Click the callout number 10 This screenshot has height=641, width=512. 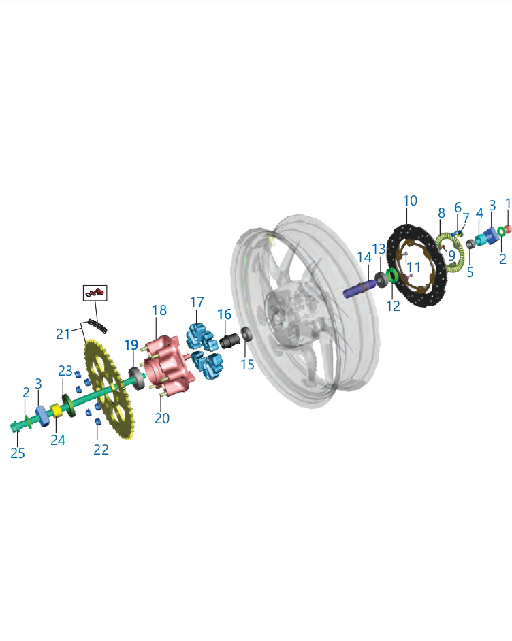tap(410, 201)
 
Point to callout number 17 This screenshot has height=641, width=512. tap(197, 302)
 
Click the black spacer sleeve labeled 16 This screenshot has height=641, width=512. tap(230, 340)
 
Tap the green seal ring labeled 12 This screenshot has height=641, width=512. tap(392, 276)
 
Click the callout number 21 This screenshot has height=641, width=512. tap(63, 334)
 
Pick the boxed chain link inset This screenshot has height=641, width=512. tap(95, 293)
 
